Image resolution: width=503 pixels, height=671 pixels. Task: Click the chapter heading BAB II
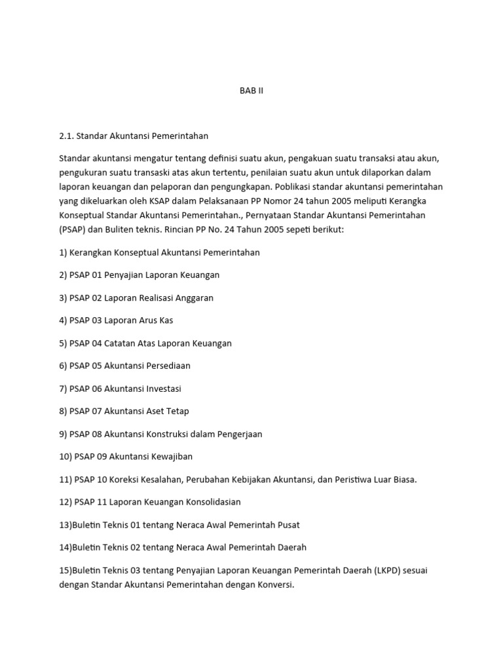click(251, 91)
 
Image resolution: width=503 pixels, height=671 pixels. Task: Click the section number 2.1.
click(66, 136)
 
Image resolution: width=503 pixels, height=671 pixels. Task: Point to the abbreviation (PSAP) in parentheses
click(71, 231)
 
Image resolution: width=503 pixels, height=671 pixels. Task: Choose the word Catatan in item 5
click(120, 343)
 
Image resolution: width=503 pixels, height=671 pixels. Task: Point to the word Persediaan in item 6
click(167, 366)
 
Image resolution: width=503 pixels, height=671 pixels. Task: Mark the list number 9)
click(63, 434)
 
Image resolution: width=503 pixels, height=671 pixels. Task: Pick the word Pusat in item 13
click(288, 525)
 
